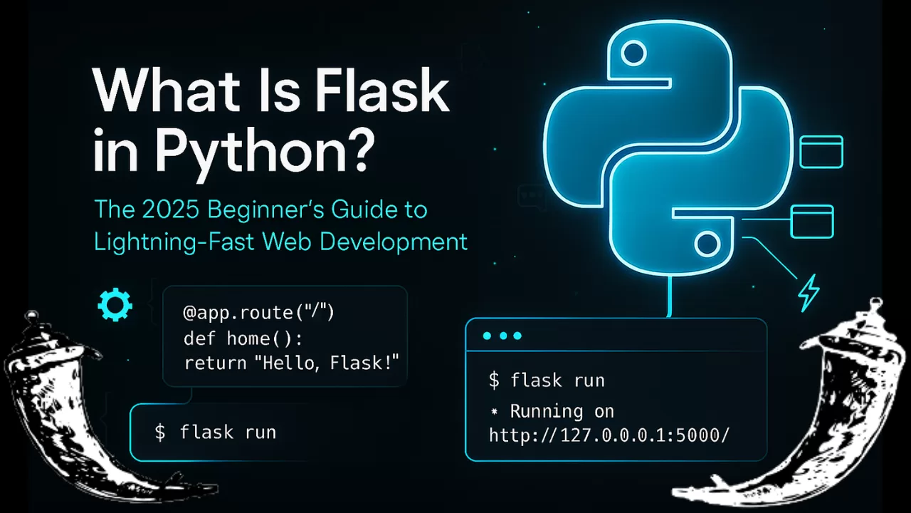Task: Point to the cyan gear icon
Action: (x=115, y=306)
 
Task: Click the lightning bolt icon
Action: (x=809, y=293)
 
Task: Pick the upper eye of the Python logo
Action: (x=633, y=53)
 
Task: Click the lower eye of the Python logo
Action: (x=707, y=244)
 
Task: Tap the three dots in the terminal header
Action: (x=502, y=336)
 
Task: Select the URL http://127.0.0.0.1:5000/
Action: (x=609, y=435)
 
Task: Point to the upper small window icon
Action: (x=821, y=152)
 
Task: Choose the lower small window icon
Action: (x=811, y=221)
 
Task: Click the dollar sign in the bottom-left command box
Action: (x=160, y=432)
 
